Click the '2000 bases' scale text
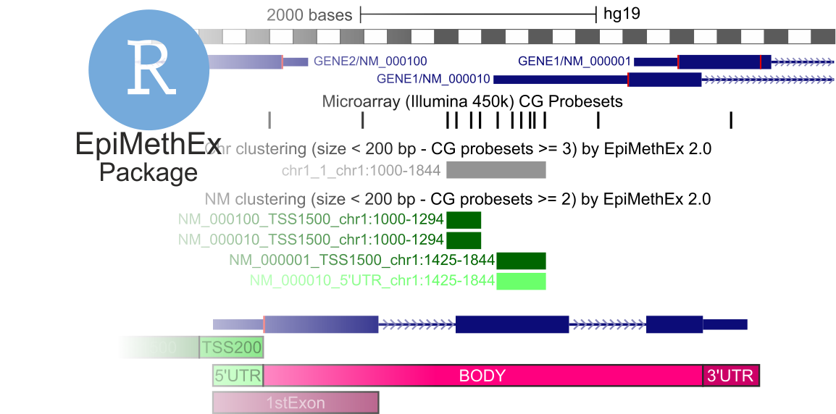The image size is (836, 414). (x=309, y=15)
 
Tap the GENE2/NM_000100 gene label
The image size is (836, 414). (x=375, y=62)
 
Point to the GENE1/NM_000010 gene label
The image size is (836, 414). (x=433, y=79)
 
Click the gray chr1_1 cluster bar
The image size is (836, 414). (x=496, y=170)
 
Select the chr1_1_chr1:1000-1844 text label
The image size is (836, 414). (x=361, y=171)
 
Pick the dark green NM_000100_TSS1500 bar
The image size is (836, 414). (x=464, y=220)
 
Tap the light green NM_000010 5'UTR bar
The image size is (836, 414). (x=521, y=281)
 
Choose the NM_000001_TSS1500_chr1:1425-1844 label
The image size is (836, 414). (x=361, y=261)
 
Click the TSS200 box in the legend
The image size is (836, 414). (x=232, y=347)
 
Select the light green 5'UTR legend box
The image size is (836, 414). (x=238, y=376)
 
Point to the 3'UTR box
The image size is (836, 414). (x=731, y=376)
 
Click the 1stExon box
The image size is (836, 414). (x=296, y=403)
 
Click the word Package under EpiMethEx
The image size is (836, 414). (x=149, y=172)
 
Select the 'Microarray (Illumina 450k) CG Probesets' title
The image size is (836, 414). (x=472, y=102)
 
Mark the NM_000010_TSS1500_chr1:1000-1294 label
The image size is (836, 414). (x=311, y=240)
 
